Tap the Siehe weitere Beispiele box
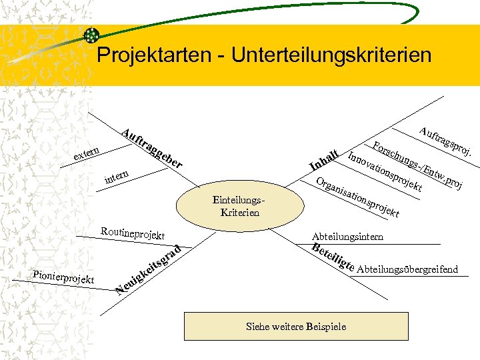[x=296, y=327]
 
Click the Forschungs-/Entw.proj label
[x=417, y=164]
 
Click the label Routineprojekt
[x=133, y=233]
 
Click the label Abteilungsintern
[x=347, y=236]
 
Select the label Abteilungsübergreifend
[x=407, y=269]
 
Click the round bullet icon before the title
[x=91, y=35]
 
